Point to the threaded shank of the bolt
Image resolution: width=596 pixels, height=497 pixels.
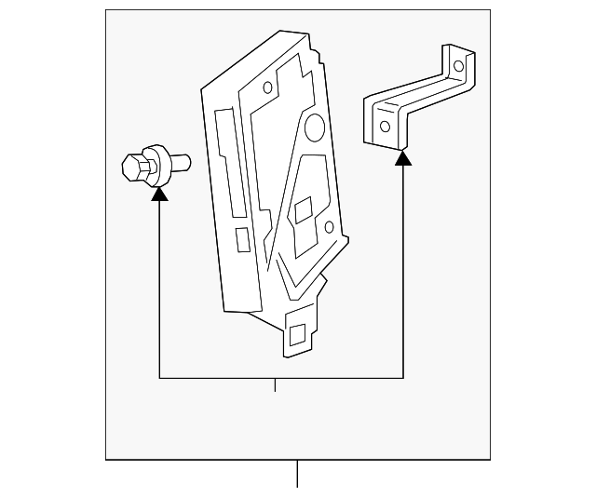181,162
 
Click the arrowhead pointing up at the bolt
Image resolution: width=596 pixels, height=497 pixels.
159,193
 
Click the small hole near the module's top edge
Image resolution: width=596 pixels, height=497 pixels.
267,88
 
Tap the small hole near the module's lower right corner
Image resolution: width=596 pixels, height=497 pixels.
328,226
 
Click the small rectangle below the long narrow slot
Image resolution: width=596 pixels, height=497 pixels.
242,239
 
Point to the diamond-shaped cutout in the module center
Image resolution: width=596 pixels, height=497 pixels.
303,209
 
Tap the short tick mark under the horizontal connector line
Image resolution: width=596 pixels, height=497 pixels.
275,384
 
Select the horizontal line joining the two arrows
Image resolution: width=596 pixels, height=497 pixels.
279,378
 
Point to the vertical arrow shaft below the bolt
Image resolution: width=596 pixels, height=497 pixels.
159,289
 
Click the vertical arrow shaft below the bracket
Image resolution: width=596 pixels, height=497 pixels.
403,270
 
